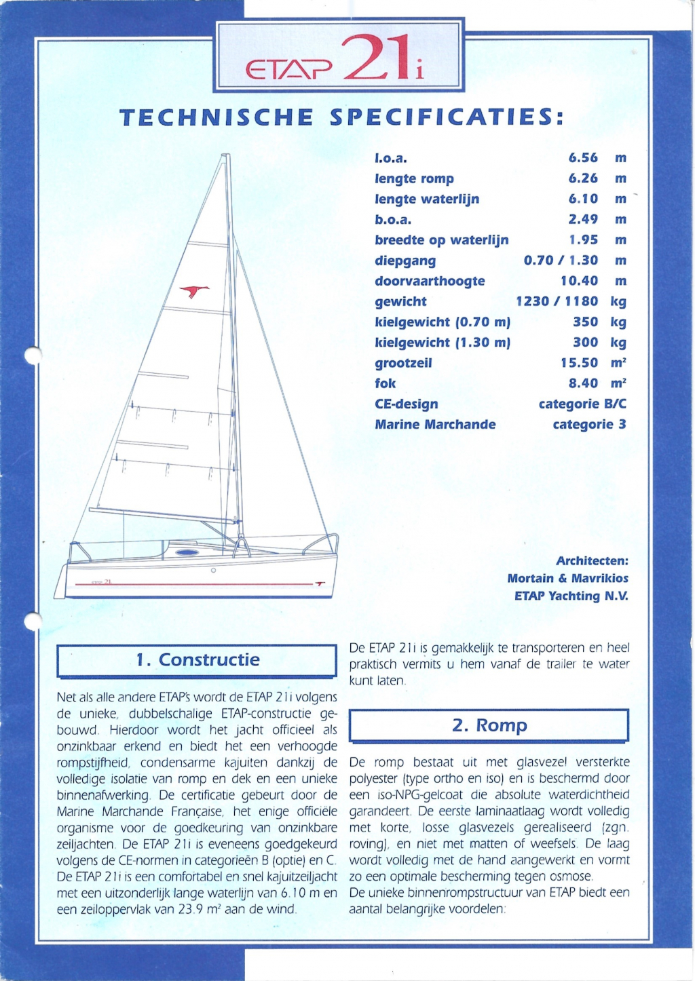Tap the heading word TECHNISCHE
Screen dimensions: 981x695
[217, 118]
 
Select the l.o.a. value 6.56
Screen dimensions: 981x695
[583, 158]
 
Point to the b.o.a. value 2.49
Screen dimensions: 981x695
[583, 219]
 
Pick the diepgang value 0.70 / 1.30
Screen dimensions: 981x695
[561, 261]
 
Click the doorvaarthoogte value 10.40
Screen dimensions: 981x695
[579, 281]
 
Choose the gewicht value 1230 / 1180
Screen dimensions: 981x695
[557, 301]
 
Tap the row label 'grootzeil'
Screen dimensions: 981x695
[403, 363]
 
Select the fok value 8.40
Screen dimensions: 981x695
[583, 383]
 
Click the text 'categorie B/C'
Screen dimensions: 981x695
[582, 404]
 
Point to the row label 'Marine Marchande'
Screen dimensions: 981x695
[435, 425]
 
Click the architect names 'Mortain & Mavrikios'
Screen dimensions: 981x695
[567, 579]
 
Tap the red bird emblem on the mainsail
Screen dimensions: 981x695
[194, 291]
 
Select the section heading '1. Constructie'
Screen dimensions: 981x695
[198, 660]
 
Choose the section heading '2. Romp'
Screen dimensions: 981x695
[489, 725]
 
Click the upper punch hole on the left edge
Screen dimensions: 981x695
[31, 355]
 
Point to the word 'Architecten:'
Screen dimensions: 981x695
[592, 561]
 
